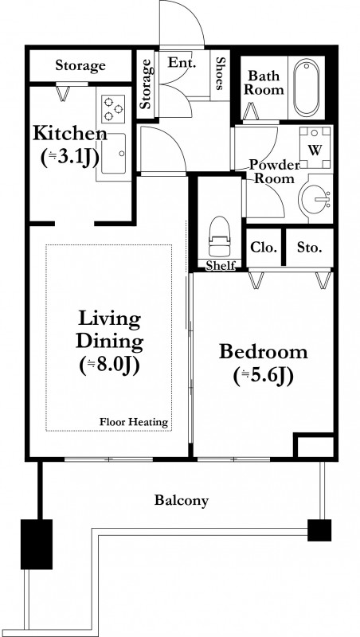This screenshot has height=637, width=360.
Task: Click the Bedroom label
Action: coord(264,351)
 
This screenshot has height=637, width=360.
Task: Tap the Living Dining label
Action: coord(110,330)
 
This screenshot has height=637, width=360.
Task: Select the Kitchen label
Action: coord(70,133)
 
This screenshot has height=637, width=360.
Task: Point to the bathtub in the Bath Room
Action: coord(307,88)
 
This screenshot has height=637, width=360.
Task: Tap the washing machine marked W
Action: coord(315,147)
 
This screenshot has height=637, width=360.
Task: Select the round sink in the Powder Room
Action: coord(315,198)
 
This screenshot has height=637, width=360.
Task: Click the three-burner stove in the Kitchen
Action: coord(113,108)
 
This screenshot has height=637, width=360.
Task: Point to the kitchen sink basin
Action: coord(114,154)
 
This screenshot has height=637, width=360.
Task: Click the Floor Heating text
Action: coord(134,422)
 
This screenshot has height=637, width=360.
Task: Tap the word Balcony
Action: coord(182,501)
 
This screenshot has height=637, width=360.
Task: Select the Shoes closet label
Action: coord(220,73)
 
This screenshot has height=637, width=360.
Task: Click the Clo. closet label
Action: coord(264,247)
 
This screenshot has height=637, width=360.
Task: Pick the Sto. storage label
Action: coord(310,247)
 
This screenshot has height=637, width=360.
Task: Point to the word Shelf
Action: coord(221,266)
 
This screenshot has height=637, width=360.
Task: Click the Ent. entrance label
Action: coord(182,63)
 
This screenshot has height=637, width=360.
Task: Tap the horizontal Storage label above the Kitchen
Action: coord(80,66)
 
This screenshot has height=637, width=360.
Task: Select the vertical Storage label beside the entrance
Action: coord(147,84)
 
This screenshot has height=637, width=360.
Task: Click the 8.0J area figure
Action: coord(110,365)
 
